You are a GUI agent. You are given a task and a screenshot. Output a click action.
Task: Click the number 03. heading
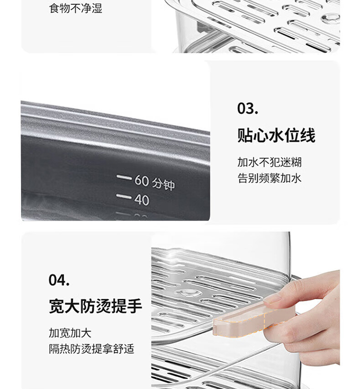point(248,108)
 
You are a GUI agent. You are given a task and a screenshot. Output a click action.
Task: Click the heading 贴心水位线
point(276,135)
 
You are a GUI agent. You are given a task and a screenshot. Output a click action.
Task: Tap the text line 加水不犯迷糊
point(270,162)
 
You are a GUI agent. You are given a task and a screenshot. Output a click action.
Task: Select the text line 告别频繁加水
point(270,178)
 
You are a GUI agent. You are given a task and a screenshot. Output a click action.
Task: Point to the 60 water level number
point(142,180)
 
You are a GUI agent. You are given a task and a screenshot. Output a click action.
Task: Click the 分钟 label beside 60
point(163,184)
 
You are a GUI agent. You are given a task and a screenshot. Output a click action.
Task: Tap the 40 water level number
point(142,200)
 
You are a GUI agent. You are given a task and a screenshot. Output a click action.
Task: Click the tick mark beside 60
point(124,177)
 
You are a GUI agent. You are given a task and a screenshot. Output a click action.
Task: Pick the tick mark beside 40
point(124,197)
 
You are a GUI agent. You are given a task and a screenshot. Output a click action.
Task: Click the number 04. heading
point(59,280)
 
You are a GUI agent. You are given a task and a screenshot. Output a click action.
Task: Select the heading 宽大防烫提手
point(96,306)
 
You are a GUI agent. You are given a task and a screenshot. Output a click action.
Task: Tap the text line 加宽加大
point(70,333)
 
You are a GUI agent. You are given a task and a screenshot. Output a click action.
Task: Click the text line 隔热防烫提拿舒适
point(91,349)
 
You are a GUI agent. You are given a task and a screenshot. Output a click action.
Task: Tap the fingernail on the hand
point(272,299)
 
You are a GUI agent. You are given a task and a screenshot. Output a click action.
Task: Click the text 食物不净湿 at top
point(75,8)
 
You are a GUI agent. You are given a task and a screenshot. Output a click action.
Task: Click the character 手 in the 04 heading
point(134,306)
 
